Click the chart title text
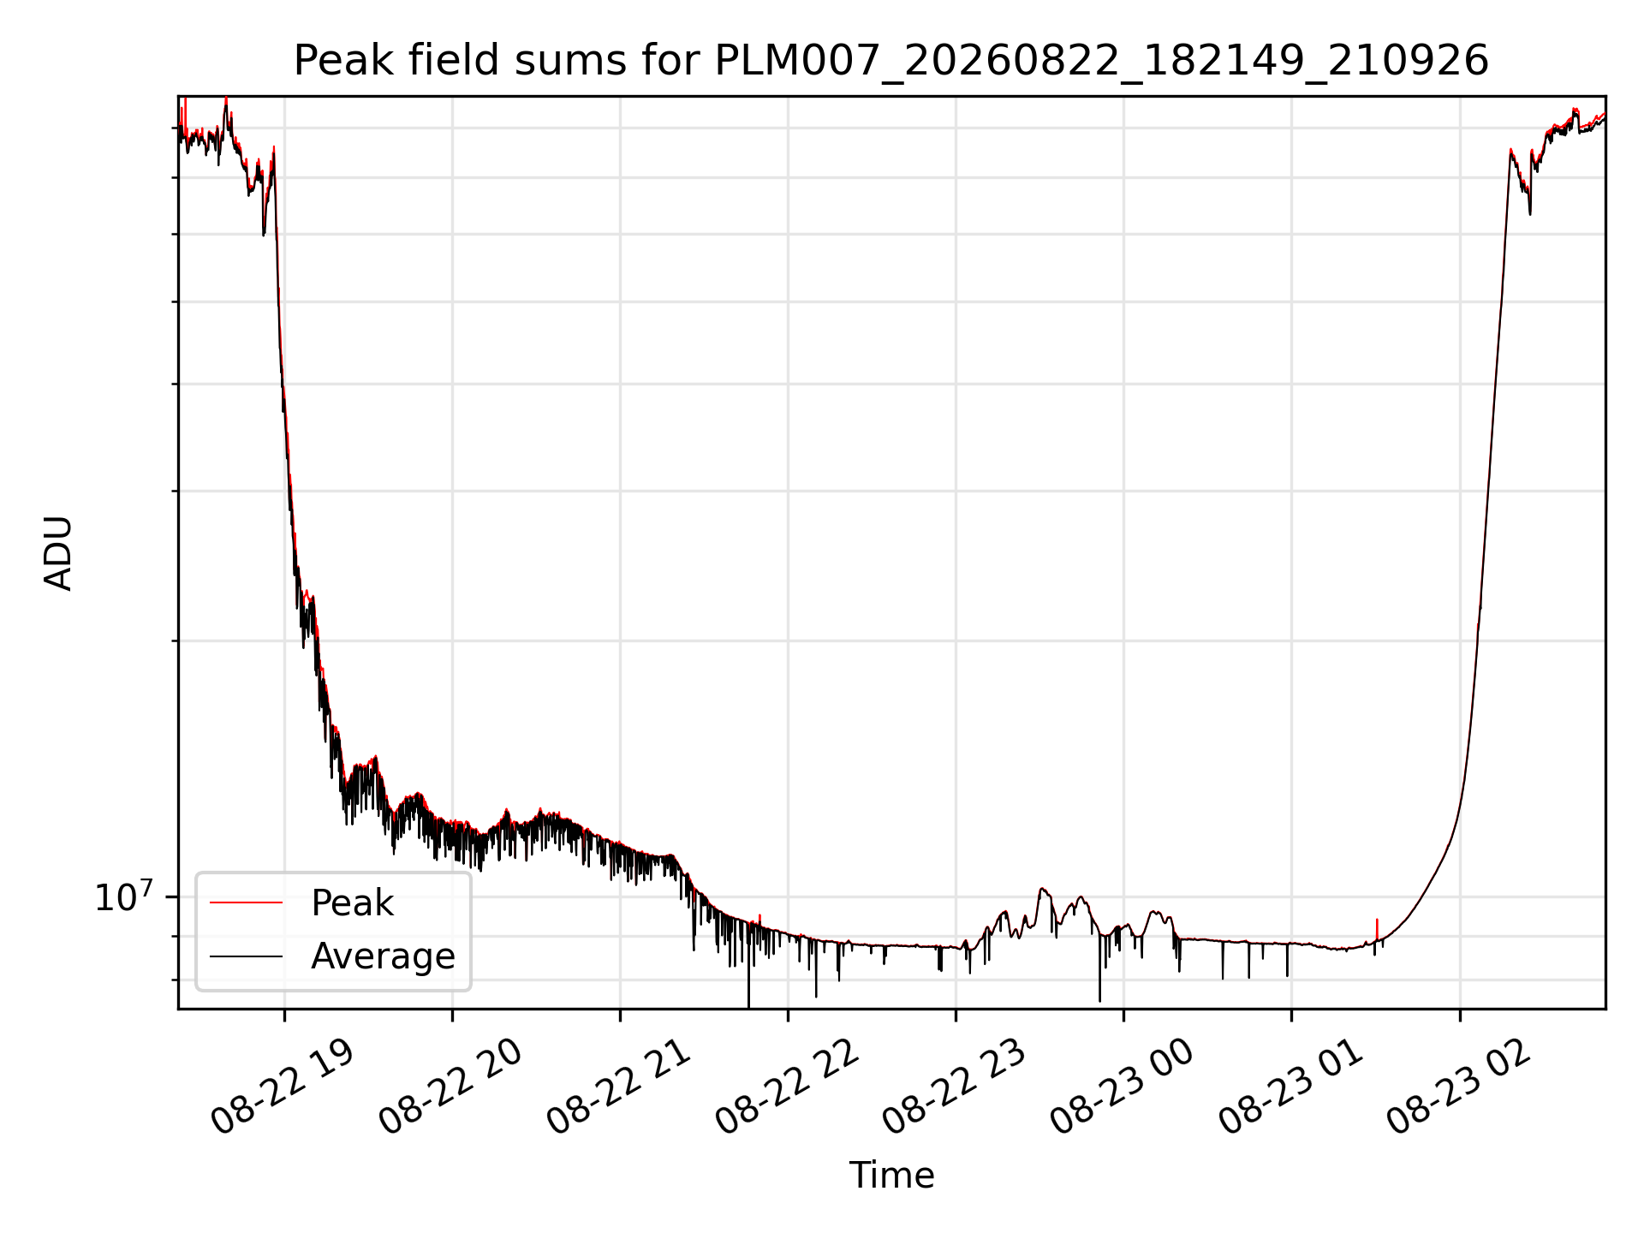pyautogui.click(x=891, y=61)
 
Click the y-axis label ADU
pyautogui.click(x=58, y=553)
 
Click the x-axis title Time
pyautogui.click(x=891, y=1176)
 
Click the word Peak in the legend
pyautogui.click(x=352, y=903)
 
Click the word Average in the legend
pyautogui.click(x=383, y=956)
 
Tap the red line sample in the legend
pyautogui.click(x=246, y=902)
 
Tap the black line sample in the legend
pyautogui.click(x=246, y=956)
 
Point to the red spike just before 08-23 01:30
pyautogui.click(x=1377, y=930)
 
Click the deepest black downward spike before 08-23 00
pyautogui.click(x=1099, y=968)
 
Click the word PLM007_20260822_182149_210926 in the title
pyautogui.click(x=1102, y=62)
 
